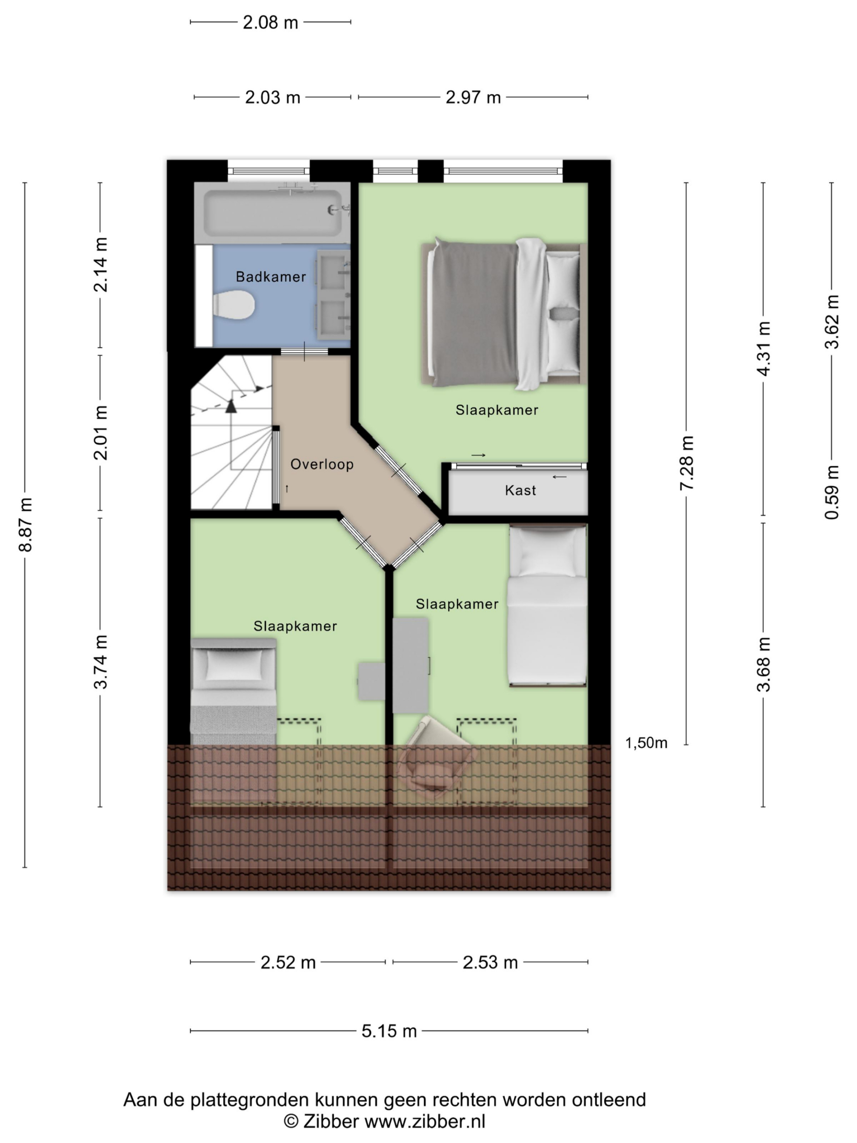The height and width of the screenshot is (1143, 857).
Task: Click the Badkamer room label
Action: coord(270,276)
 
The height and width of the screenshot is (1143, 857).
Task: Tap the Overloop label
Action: coord(322,464)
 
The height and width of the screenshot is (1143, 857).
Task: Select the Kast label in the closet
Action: coord(520,490)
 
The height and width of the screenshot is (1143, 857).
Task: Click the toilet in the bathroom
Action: coord(233,305)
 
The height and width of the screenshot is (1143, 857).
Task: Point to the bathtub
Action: coord(272,213)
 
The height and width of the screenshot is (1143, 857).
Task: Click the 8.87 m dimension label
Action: coord(25,525)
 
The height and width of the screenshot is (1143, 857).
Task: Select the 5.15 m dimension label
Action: coord(389,1031)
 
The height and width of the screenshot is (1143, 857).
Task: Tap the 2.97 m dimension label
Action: coord(473,97)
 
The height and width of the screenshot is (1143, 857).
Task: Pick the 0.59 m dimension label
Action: coord(832,492)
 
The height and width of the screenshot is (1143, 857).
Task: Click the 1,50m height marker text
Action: coord(646,743)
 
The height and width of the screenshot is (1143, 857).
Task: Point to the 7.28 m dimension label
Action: coord(686,463)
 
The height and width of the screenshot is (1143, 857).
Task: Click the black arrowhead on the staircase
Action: coord(231,406)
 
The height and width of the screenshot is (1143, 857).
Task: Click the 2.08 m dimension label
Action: coord(270,23)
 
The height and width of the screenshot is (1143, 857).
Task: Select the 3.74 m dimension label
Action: coord(101,662)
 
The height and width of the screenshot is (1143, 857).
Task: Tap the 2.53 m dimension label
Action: coord(490,962)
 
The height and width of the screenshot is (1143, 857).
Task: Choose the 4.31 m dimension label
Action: coord(764,348)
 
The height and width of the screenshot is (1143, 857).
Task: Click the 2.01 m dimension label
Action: coord(101,433)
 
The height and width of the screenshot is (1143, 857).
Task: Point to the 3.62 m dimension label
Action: coord(832,321)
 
